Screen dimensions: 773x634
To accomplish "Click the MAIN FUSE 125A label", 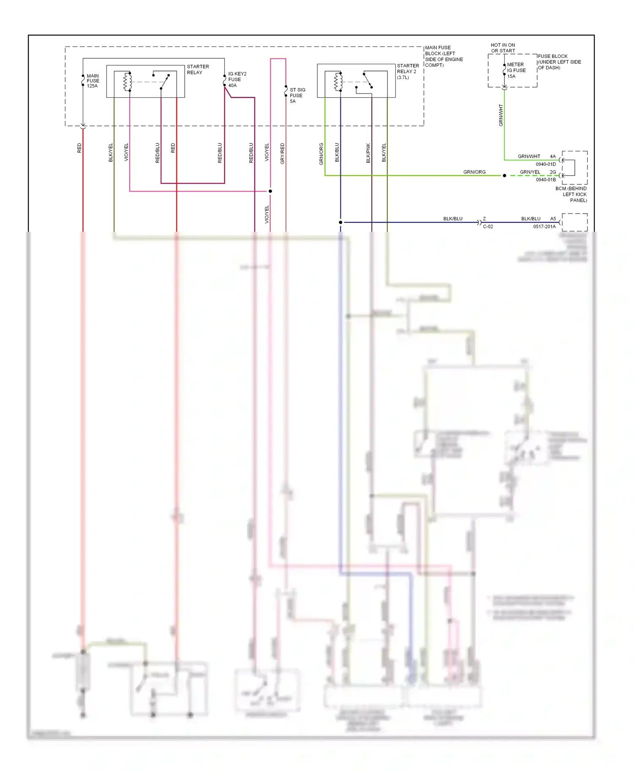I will [93, 81].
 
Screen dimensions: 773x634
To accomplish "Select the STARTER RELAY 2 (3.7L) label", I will [407, 71].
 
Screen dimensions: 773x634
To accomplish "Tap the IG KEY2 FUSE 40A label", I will [237, 79].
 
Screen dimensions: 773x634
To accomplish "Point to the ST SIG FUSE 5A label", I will [297, 96].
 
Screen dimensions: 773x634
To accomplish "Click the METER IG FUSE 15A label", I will [516, 71].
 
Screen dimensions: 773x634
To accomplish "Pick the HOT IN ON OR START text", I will [503, 48].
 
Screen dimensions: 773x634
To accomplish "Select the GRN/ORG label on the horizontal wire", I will [474, 172].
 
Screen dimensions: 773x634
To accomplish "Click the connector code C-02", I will [488, 227].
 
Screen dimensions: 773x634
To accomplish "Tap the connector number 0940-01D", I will [546, 164].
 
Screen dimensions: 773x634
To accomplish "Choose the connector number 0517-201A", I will [544, 227].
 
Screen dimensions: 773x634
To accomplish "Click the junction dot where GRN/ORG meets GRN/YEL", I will [504, 175].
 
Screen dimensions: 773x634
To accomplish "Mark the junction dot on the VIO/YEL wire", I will [271, 191].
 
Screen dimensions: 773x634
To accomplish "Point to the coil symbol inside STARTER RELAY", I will [127, 82].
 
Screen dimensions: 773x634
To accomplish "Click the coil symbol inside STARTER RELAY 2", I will [338, 82].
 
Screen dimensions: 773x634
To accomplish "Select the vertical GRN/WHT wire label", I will [501, 115].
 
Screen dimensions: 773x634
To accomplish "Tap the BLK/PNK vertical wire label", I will [368, 153].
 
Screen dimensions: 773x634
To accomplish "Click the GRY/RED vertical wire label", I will [282, 154].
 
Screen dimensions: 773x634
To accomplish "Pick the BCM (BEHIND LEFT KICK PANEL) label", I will [571, 195].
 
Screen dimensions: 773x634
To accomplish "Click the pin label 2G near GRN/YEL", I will [552, 172].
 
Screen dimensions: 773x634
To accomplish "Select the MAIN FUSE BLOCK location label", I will [443, 56].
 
